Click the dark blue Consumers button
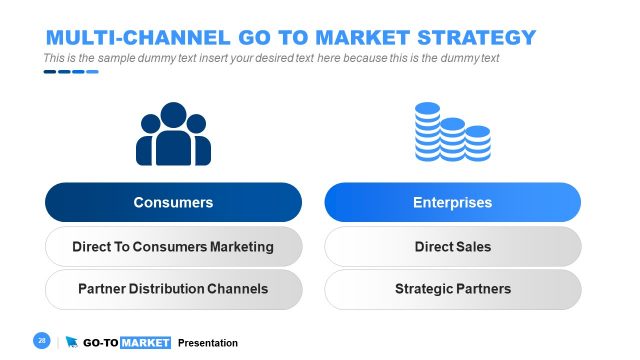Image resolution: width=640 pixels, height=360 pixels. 173,202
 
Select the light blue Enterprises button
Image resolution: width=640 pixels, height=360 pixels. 452,202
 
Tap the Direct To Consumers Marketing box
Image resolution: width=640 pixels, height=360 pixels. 173,246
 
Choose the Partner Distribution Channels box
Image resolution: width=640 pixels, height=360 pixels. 173,289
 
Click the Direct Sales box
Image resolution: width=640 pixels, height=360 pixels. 452,246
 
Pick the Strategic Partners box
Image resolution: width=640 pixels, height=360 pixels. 452,289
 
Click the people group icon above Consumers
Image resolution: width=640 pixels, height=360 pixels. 174,135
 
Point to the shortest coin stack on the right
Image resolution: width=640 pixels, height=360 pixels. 478,144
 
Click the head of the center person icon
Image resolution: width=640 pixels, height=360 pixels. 174,115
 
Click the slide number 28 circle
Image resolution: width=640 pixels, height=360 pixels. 42,341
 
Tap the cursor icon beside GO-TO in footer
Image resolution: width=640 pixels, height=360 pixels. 72,342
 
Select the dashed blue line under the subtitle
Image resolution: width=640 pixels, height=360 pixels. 70,72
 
